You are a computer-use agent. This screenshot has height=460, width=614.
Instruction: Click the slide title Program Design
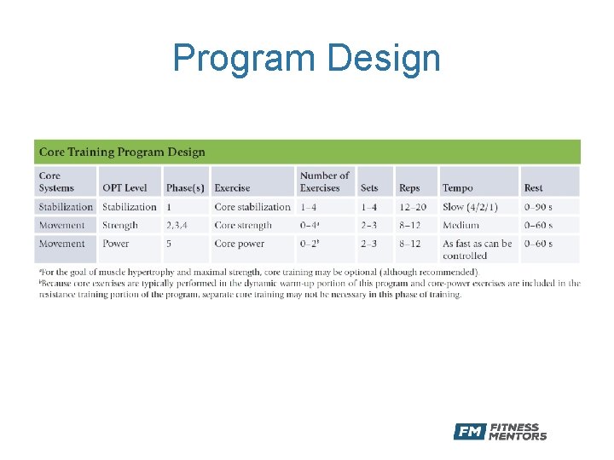[x=306, y=59]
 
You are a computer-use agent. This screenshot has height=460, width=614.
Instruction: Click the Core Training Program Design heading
[x=122, y=152]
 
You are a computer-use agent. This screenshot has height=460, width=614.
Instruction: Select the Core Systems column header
[x=56, y=181]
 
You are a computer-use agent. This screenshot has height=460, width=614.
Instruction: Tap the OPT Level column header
[x=125, y=187]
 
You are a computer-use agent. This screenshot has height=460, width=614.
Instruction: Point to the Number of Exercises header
[x=324, y=181]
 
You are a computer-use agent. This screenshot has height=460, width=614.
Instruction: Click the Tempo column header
[x=457, y=187]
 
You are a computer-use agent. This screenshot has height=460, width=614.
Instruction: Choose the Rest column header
[x=533, y=187]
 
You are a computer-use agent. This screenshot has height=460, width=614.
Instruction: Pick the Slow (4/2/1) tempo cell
[x=469, y=207]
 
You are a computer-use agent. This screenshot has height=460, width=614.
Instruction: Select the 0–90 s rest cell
[x=538, y=207]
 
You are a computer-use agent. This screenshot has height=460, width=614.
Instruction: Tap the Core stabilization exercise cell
[x=252, y=207]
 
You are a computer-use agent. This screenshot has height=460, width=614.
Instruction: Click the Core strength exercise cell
[x=243, y=226]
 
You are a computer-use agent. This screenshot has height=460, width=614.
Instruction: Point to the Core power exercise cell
[x=240, y=244]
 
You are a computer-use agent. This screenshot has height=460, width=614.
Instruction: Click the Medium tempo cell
[x=460, y=226]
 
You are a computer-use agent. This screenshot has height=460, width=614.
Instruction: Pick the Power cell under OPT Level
[x=116, y=244]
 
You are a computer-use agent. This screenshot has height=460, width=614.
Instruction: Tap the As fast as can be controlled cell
[x=477, y=250]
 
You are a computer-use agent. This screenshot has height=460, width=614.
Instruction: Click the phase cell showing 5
[x=169, y=244]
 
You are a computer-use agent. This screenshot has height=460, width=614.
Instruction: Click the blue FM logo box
[x=469, y=432]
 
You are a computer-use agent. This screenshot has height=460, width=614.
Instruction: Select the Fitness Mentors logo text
[x=518, y=432]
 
